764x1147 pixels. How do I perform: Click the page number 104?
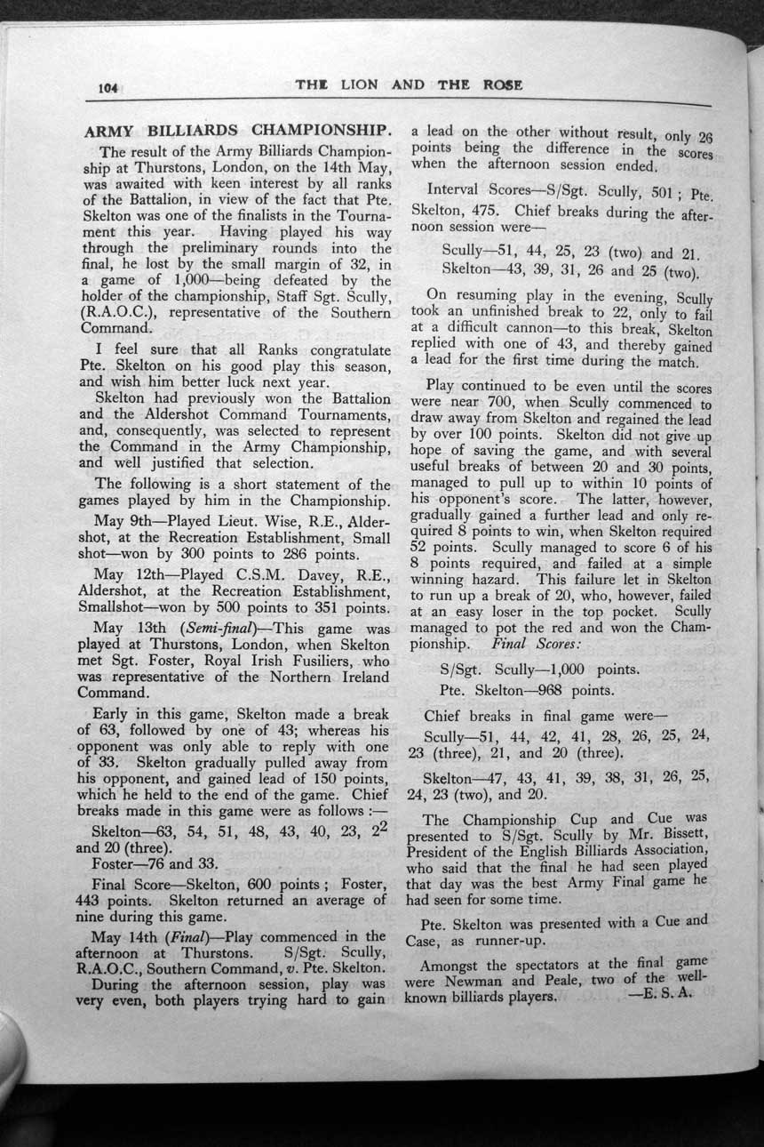[x=108, y=87]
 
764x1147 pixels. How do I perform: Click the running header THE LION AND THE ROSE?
[x=408, y=85]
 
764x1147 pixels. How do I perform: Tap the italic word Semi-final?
[x=200, y=629]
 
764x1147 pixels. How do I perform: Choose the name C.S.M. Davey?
[x=259, y=574]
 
